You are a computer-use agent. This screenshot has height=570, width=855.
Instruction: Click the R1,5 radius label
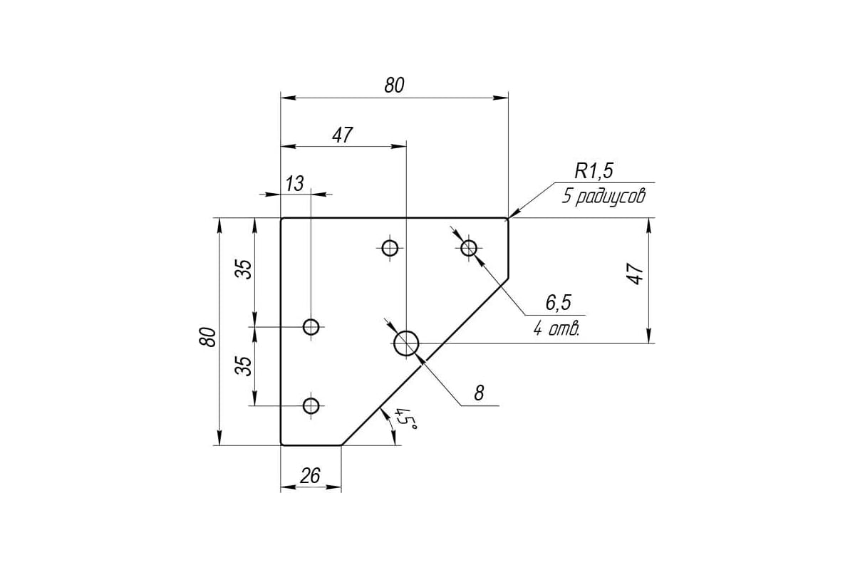point(594,171)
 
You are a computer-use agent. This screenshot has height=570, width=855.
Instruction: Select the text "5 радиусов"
point(603,196)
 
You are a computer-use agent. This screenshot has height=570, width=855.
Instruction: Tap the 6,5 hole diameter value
point(558,303)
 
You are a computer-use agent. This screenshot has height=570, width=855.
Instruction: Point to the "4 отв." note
point(556,328)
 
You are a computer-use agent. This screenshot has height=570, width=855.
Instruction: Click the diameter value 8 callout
point(479,393)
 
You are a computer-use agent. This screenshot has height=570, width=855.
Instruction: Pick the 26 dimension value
point(310,476)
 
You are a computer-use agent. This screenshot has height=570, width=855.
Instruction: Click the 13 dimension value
point(294,184)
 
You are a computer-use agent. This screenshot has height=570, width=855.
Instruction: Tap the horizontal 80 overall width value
point(394,85)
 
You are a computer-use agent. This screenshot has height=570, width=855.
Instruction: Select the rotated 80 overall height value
point(208,337)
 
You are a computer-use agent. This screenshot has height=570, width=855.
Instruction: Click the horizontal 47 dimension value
point(342,135)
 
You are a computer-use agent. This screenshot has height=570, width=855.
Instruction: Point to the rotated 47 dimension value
point(635,274)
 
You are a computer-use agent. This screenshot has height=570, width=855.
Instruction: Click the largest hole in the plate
point(406,343)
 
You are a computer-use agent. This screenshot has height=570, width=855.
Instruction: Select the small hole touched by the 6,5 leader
point(469,248)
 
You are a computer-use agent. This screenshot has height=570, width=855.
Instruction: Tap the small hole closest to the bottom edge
point(311,405)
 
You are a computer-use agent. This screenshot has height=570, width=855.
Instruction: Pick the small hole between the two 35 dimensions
point(311,327)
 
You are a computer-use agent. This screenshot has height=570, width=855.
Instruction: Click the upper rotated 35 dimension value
point(244,269)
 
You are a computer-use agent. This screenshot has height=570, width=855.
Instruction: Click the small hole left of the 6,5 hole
point(390,248)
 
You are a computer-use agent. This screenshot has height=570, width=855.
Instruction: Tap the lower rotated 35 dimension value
point(244,366)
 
